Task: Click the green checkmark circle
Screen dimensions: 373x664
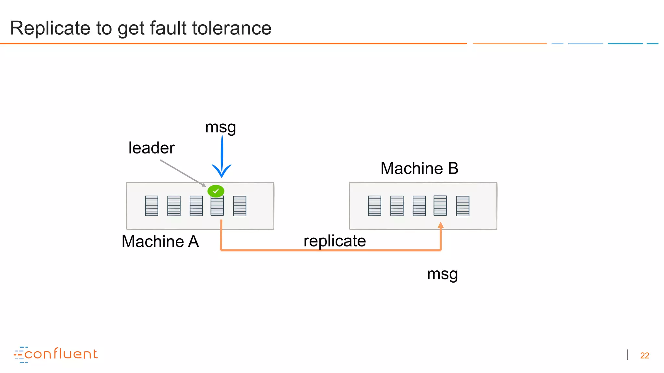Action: [216, 191]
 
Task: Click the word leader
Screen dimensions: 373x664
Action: [151, 148]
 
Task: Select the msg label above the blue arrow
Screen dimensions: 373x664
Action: [220, 127]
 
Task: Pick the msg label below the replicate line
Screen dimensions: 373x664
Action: [442, 274]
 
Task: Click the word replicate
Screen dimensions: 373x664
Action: [335, 241]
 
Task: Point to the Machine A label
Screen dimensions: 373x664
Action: [160, 242]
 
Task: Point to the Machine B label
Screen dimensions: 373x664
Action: [419, 168]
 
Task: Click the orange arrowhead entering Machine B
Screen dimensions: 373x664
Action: [441, 225]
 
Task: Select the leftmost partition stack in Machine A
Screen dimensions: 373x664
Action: [151, 206]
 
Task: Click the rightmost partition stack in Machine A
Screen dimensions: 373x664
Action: [240, 206]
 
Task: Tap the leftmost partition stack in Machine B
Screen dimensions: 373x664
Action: [374, 206]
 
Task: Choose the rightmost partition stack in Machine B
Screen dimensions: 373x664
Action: [463, 206]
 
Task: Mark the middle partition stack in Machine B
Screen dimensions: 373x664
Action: [419, 206]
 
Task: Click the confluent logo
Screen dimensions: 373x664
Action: [56, 354]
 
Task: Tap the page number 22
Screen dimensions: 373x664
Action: [645, 356]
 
